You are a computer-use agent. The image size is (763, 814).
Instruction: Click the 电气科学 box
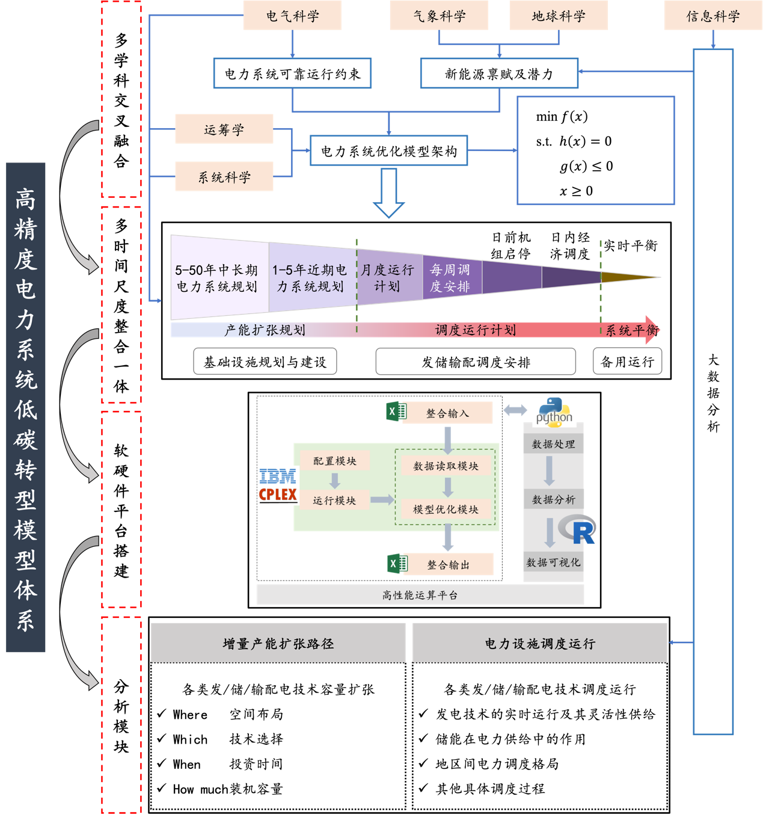coord(292,16)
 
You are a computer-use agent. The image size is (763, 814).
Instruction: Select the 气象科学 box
coord(439,16)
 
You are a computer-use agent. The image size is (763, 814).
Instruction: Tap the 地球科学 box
coord(559,16)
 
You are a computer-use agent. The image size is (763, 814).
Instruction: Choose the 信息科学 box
coord(712,16)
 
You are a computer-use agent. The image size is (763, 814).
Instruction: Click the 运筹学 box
coord(224,129)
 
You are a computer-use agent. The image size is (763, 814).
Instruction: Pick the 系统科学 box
coord(224,177)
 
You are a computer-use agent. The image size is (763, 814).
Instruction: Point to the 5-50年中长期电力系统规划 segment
coord(217,278)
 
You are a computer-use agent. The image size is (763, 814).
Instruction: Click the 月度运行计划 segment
coord(388,278)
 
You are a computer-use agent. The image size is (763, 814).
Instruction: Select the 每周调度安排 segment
coord(450,278)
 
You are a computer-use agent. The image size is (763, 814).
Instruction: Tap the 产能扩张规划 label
coord(265,330)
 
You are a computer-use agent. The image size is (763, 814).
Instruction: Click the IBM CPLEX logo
coord(277,486)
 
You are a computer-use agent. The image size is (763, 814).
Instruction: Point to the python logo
coord(554,412)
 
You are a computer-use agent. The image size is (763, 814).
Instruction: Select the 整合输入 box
coord(447,413)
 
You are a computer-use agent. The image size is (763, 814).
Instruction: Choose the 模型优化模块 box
coord(446,510)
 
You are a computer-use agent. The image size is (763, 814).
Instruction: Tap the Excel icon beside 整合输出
coord(397,563)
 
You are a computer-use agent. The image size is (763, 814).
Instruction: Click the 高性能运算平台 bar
coord(420,595)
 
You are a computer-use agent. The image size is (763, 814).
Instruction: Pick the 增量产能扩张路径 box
coord(278,643)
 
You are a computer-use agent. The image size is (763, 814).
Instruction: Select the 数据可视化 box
coord(553,563)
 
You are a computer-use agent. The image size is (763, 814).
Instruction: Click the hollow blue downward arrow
coord(389,193)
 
